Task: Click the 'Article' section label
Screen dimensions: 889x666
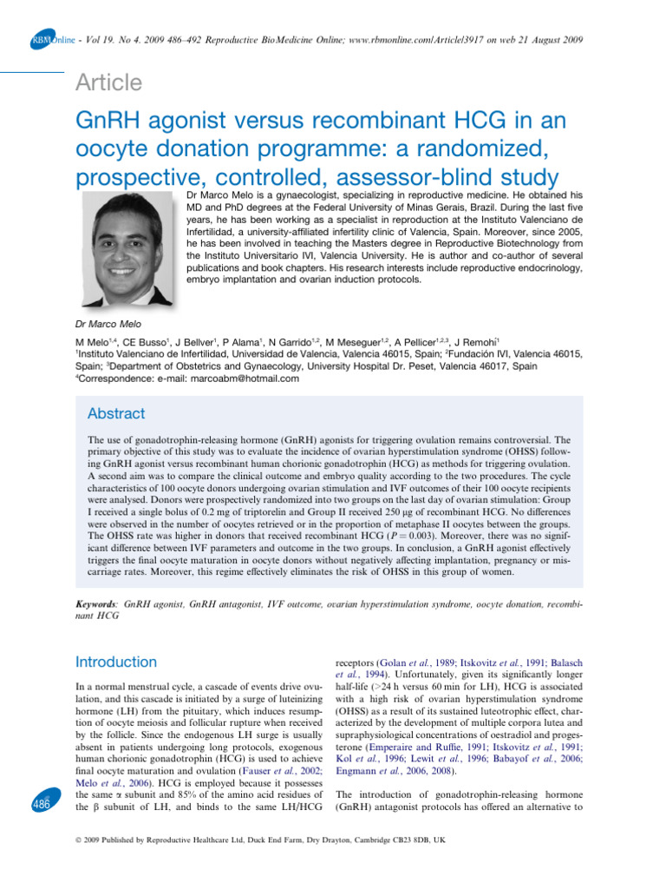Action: (108, 82)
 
